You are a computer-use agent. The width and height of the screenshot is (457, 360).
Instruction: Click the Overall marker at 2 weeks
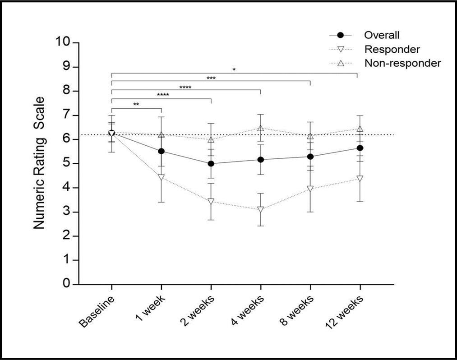coord(211,163)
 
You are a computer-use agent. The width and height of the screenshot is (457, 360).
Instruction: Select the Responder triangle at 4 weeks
coord(260,209)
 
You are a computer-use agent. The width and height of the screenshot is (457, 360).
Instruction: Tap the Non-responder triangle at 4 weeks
coord(260,129)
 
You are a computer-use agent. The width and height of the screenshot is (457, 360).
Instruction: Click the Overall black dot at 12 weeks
coord(360,148)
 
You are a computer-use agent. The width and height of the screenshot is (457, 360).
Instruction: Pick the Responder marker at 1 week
coord(161,177)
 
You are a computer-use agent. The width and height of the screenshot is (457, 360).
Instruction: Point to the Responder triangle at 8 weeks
coord(310,189)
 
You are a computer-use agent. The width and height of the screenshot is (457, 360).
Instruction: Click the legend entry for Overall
coord(382,35)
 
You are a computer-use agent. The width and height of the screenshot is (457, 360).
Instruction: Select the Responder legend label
coord(392,49)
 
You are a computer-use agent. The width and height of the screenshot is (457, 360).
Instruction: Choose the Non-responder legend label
coord(402,64)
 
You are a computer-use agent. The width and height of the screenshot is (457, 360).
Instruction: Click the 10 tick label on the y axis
coord(64,42)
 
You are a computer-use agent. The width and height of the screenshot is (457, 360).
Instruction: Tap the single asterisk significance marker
coord(234,69)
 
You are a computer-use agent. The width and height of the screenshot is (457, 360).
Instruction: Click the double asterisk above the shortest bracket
coord(136,105)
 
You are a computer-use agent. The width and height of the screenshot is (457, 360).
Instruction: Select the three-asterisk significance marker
coord(211,78)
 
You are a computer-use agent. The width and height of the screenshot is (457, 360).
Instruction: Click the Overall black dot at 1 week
coord(161,151)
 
